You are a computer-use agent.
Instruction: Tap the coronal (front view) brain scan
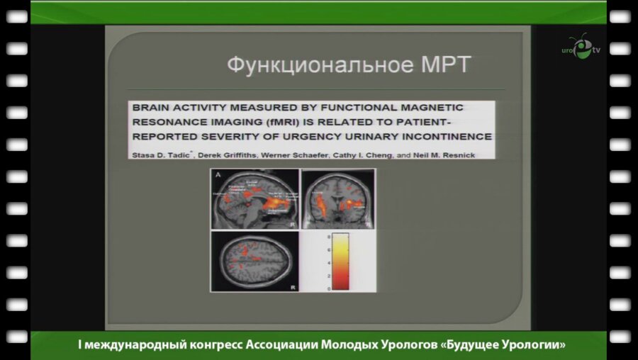coord(338,199)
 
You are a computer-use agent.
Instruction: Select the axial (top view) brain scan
coord(255,261)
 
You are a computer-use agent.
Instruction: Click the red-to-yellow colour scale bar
coord(340,261)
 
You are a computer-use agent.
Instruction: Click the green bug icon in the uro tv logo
coord(581,48)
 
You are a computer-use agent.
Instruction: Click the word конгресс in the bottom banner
coord(212,345)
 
